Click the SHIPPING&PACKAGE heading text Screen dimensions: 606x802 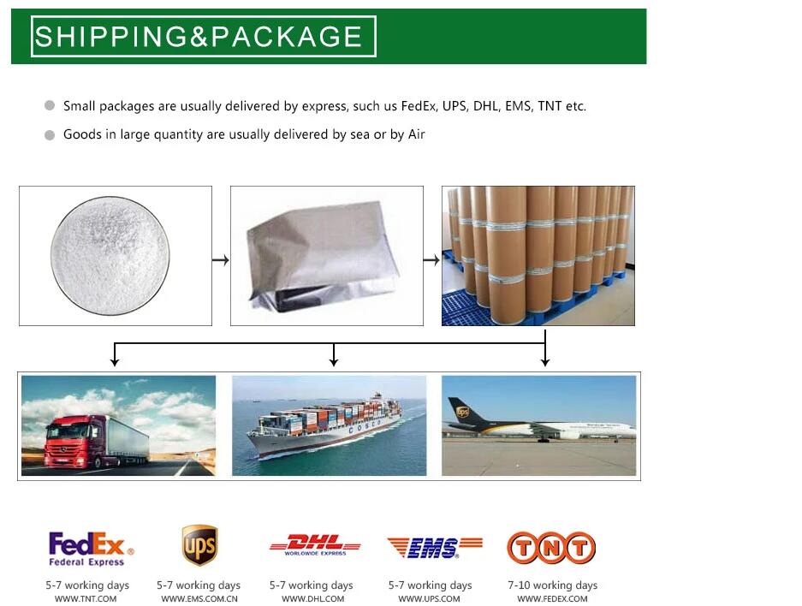[x=199, y=37]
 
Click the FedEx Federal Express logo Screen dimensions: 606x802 [x=91, y=548]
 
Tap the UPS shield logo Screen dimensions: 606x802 [x=199, y=545]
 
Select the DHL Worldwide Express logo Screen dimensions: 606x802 [x=314, y=545]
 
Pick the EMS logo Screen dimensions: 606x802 [x=434, y=547]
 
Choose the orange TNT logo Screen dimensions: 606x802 [x=550, y=548]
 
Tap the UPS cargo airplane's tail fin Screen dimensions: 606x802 [x=463, y=411]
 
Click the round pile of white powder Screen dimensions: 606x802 [x=110, y=254]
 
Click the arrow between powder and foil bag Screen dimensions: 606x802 [x=221, y=259]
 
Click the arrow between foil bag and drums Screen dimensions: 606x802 [x=432, y=259]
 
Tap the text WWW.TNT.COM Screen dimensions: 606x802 [x=86, y=599]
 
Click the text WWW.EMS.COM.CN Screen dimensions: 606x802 [x=199, y=599]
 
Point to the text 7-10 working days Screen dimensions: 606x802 [x=552, y=585]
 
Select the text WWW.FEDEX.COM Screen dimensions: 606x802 [x=552, y=599]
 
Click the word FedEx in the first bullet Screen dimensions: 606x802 [x=419, y=106]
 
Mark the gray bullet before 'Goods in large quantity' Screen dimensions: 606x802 [x=50, y=134]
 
